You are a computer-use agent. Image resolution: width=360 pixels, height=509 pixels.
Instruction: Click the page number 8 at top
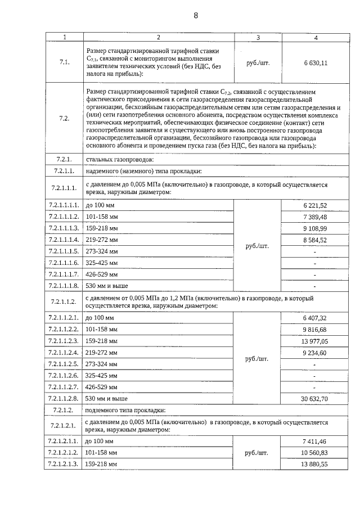pos(196,15)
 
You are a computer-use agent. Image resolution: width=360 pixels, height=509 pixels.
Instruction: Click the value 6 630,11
pos(316,63)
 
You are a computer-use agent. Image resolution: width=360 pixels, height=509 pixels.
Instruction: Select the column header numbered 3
pos(258,37)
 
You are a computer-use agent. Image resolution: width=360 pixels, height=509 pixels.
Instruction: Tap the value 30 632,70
pos(315,398)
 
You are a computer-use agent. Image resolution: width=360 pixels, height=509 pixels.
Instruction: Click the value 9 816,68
pos(315,330)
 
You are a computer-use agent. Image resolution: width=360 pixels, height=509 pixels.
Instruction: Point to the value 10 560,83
pos(315,452)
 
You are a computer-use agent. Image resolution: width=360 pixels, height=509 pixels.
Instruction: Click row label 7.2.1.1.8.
pos(64,286)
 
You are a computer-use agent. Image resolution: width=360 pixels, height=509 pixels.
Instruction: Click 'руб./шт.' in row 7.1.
pos(258,63)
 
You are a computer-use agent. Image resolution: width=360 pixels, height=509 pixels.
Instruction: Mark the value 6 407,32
pos(315,318)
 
